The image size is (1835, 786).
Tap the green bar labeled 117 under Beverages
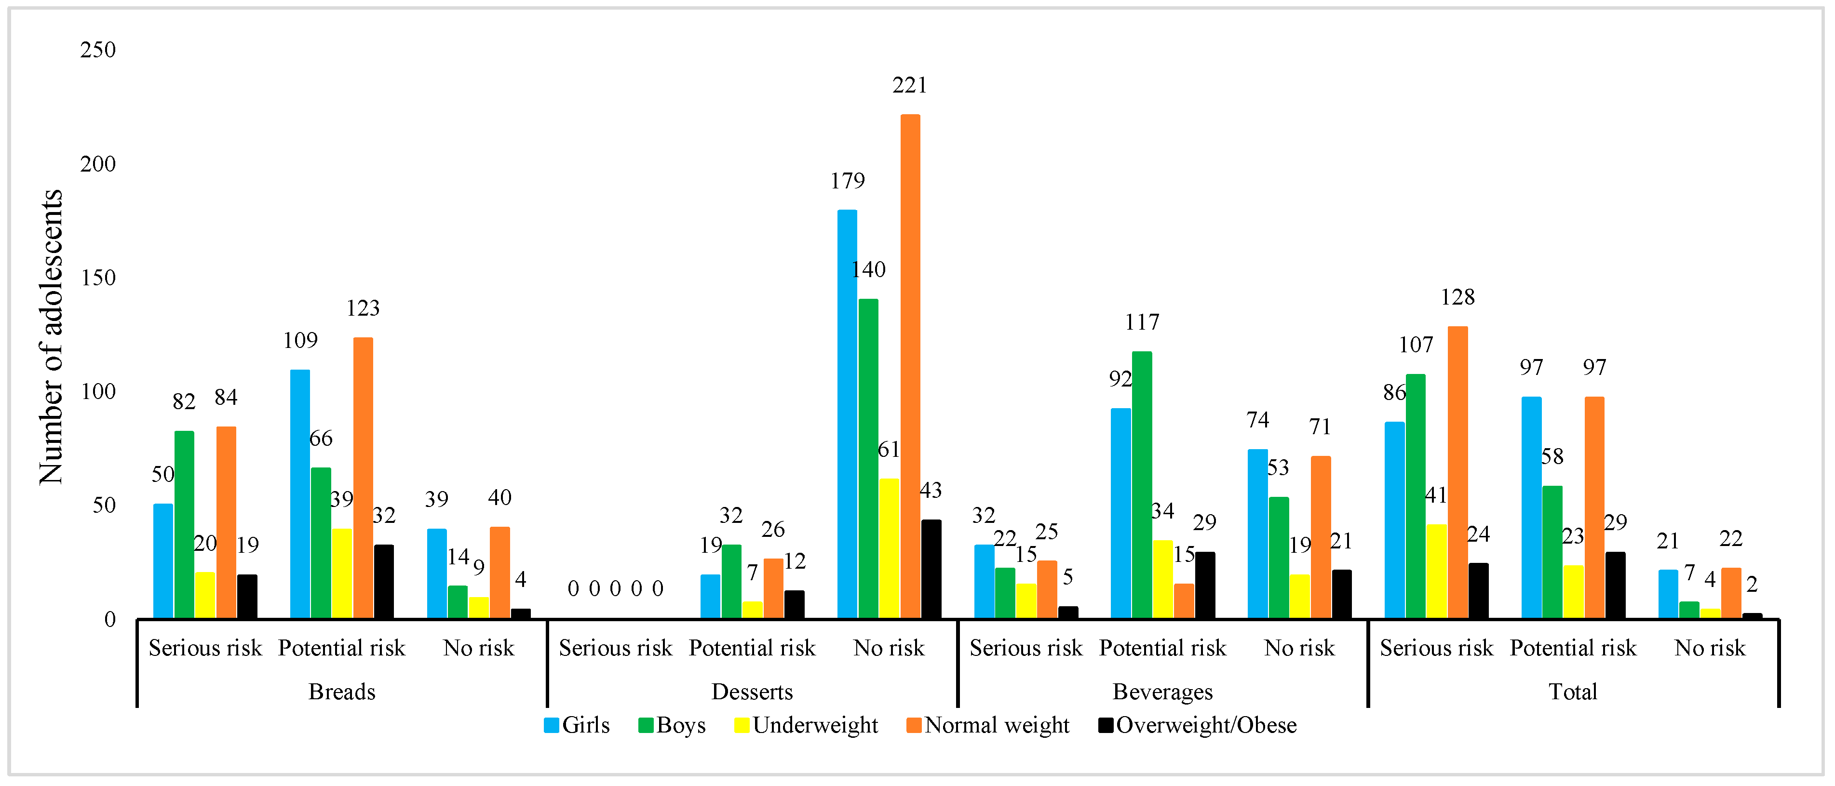[x=1141, y=485]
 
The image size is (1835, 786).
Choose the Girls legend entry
[x=577, y=725]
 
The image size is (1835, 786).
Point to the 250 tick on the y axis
[x=97, y=50]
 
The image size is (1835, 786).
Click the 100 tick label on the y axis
[x=97, y=392]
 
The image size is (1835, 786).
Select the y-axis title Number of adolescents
[x=51, y=337]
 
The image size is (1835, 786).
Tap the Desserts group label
[x=752, y=692]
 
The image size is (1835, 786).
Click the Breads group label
[x=341, y=692]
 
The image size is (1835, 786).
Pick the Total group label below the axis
[x=1573, y=692]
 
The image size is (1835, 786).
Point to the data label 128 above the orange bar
[x=1457, y=297]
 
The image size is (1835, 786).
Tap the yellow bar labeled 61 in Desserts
[x=888, y=548]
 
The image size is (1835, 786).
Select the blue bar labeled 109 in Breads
[x=300, y=493]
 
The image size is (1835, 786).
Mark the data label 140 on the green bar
[x=868, y=270]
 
